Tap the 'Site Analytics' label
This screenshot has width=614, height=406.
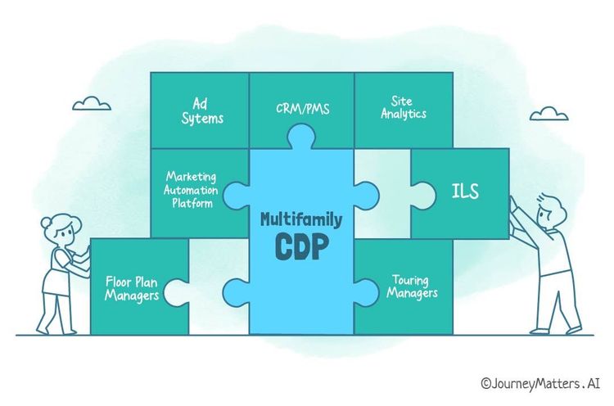pos(403,108)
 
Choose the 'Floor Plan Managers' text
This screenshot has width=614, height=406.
pos(132,288)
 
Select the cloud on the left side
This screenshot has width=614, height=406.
pos(91,104)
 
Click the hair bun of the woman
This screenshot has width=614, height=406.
pos(45,221)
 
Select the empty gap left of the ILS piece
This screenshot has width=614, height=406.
pos(381,193)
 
